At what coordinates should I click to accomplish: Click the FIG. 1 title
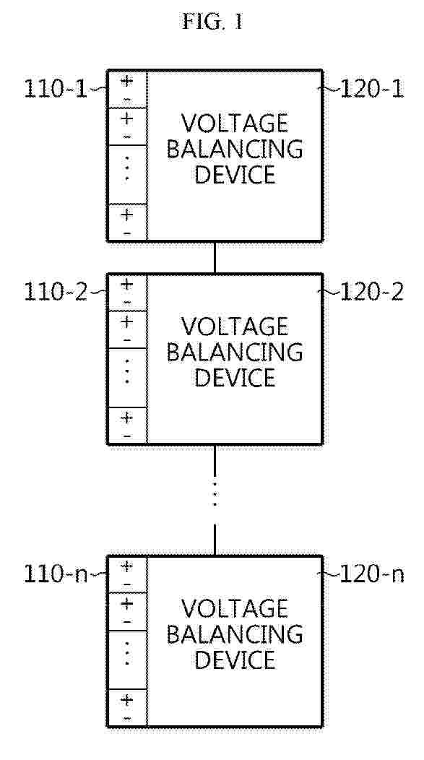click(212, 22)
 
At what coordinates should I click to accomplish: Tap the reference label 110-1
click(56, 90)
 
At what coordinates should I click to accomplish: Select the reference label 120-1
click(372, 90)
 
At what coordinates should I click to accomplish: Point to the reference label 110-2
click(56, 293)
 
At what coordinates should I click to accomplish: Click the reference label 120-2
click(372, 293)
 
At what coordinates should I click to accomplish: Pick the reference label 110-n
click(56, 575)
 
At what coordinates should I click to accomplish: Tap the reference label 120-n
click(372, 575)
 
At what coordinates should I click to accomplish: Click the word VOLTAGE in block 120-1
click(235, 124)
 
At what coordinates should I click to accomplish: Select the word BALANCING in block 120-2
click(235, 353)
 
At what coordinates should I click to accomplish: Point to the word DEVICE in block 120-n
click(235, 660)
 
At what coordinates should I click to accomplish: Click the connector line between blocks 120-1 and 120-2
click(215, 257)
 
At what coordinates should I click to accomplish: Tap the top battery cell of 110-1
click(127, 89)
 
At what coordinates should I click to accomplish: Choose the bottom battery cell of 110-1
click(127, 223)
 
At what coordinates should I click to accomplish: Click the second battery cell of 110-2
click(127, 329)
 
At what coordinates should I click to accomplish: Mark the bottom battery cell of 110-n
click(127, 708)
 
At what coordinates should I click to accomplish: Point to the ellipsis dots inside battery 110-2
click(127, 371)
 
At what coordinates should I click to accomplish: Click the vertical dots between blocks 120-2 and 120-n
click(215, 493)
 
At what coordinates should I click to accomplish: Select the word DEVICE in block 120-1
click(235, 175)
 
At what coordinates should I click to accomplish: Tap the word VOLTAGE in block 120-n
click(235, 609)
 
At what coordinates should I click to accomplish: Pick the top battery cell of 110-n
click(127, 574)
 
